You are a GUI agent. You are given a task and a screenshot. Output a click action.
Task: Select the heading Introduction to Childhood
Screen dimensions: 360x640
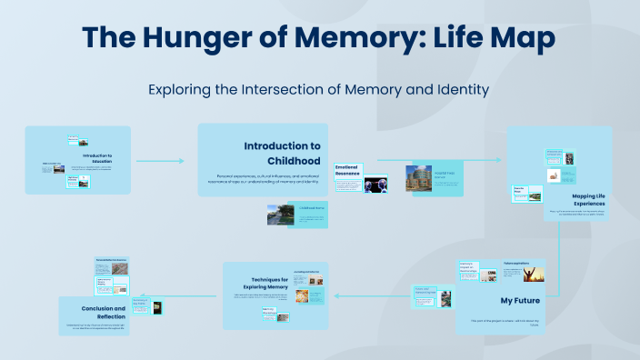(x=282, y=153)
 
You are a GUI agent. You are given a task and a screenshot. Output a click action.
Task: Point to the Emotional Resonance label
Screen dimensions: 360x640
(x=348, y=170)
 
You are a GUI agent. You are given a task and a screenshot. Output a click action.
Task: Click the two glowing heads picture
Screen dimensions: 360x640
(x=375, y=185)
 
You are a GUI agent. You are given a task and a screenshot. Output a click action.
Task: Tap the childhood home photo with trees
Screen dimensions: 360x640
(x=279, y=215)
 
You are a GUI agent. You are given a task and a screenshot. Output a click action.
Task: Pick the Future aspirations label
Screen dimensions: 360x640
(x=517, y=263)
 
